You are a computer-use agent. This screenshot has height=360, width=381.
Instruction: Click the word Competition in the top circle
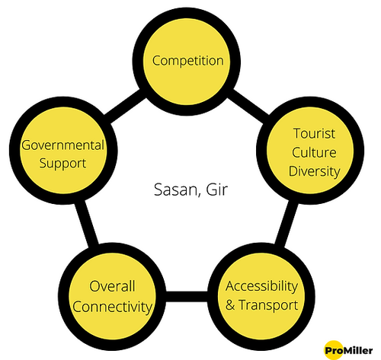(188, 61)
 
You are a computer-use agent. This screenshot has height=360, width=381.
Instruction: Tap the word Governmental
(63, 145)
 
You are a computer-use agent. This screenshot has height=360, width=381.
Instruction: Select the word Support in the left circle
(62, 164)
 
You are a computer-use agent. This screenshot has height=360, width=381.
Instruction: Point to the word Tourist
(314, 133)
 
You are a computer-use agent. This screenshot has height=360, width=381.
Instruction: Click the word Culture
(314, 152)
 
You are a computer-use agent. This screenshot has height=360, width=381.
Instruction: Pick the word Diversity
(315, 172)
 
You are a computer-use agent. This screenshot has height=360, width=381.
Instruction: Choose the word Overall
(112, 286)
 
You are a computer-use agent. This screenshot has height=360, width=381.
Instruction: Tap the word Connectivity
(112, 307)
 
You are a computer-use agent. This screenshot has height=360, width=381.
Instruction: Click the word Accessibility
(261, 287)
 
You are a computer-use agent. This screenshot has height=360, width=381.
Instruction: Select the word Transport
(268, 305)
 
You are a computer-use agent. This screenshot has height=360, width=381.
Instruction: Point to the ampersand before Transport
(230, 305)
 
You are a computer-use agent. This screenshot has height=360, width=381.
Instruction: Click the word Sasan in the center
(175, 190)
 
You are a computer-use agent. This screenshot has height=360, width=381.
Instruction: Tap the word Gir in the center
(217, 190)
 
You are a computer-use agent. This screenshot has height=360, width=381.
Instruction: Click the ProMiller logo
(348, 350)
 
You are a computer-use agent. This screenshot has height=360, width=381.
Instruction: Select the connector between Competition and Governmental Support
(125, 107)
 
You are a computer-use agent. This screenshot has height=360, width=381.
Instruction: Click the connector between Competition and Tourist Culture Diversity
(248, 106)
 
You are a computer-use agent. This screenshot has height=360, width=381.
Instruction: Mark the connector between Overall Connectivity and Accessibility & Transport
(187, 296)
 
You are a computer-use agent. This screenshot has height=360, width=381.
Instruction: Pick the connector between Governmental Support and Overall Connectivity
(87, 223)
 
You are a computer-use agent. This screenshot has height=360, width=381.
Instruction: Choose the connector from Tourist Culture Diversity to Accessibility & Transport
(287, 224)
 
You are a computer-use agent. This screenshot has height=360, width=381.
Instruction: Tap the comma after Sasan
(199, 195)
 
